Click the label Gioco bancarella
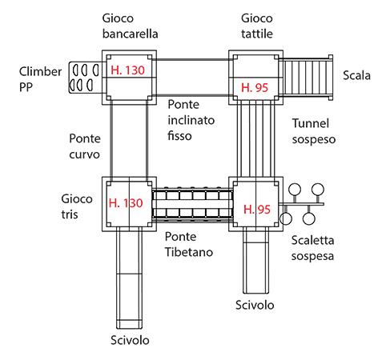(x=130, y=26)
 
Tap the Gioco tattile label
(x=257, y=26)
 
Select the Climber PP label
(x=40, y=79)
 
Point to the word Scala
(x=356, y=75)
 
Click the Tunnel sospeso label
(x=314, y=131)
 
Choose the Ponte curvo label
(x=85, y=146)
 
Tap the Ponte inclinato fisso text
(x=191, y=120)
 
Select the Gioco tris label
(x=77, y=206)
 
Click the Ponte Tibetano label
(x=189, y=244)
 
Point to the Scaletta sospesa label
(x=312, y=248)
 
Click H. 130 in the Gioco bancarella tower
(x=127, y=70)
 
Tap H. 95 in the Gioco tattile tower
(x=255, y=88)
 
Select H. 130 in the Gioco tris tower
(x=126, y=203)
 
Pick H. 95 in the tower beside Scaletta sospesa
(x=257, y=210)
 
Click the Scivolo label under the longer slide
(x=130, y=340)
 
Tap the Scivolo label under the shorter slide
(x=255, y=305)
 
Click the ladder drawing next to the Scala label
(x=306, y=78)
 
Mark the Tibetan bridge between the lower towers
(x=192, y=204)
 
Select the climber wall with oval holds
(x=86, y=78)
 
